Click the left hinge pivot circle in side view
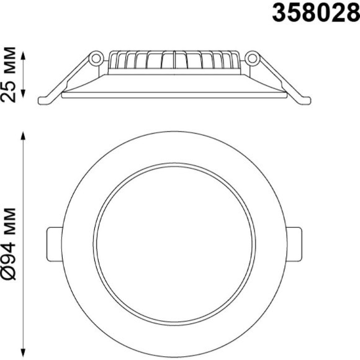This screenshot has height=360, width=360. pos(96,58)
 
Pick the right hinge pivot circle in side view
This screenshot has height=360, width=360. pos(252,58)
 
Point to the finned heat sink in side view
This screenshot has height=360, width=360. pos(174,60)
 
